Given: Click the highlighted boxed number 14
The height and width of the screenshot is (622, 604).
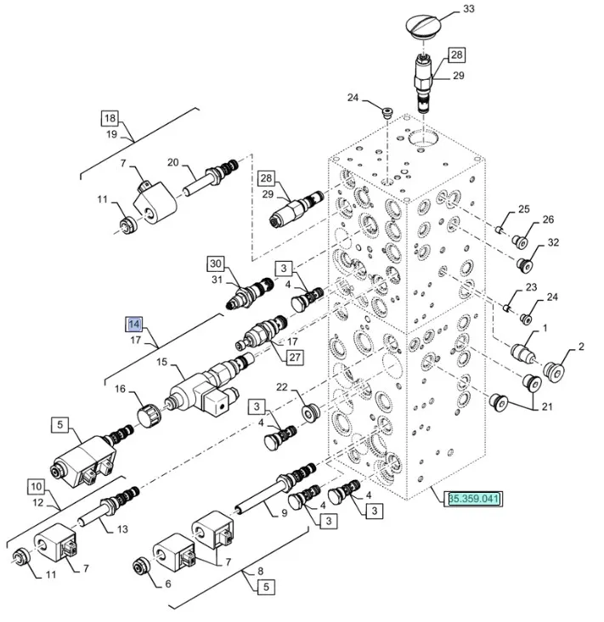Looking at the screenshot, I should (133, 325).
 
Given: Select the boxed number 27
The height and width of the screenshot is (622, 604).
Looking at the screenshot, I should (294, 357).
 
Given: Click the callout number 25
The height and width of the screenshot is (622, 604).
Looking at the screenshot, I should (524, 209).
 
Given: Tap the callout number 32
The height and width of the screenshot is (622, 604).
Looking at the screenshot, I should (553, 242).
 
